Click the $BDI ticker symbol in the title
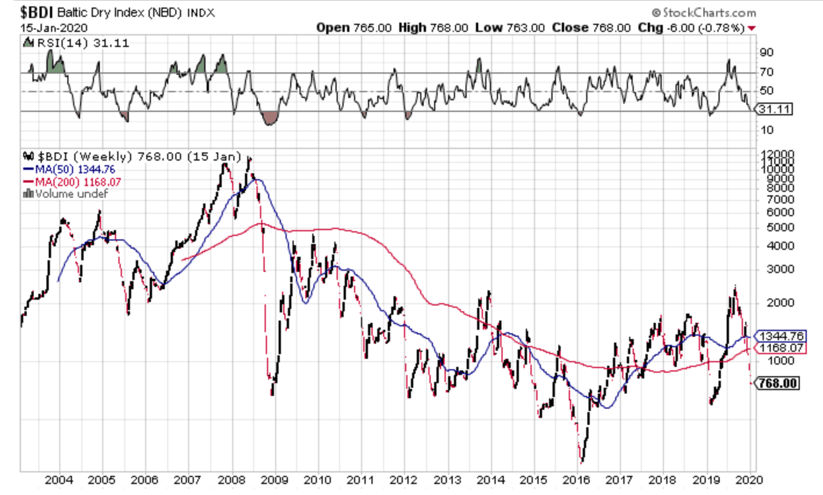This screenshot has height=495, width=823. pos(37,12)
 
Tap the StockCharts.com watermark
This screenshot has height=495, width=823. pos(704,12)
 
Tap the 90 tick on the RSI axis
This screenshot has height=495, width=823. pos(766,53)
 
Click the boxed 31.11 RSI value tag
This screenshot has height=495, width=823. pos(775,109)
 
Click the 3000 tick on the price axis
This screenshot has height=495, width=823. pos(775,270)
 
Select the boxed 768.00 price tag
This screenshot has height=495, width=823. pos(778,383)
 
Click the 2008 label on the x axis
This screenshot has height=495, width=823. pos(230,480)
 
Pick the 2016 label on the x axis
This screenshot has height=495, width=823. pos(576,480)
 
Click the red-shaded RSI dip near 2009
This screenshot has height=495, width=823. pos(269,118)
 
